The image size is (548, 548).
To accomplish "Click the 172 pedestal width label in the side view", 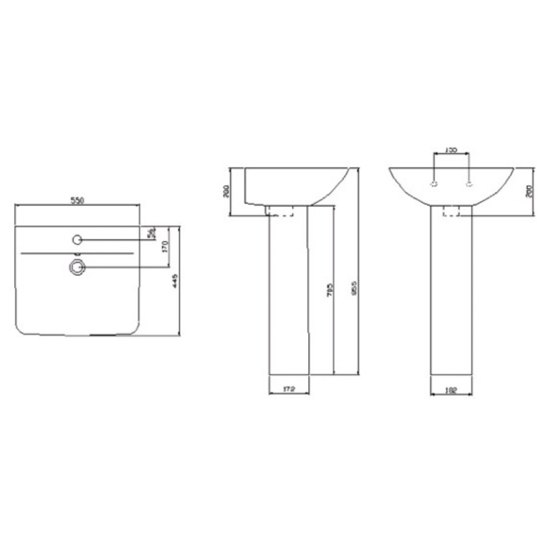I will click(289, 389).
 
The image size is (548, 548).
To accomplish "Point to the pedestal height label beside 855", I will click(329, 289).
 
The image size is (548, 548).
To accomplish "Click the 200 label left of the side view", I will click(226, 191).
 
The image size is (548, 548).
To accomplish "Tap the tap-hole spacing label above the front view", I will click(451, 149).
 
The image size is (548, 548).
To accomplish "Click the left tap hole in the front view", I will click(434, 184).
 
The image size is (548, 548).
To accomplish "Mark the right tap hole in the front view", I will click(469, 184).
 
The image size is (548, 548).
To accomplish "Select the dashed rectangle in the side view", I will click(280, 211).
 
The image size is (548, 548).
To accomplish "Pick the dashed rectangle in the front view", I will click(451, 211).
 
